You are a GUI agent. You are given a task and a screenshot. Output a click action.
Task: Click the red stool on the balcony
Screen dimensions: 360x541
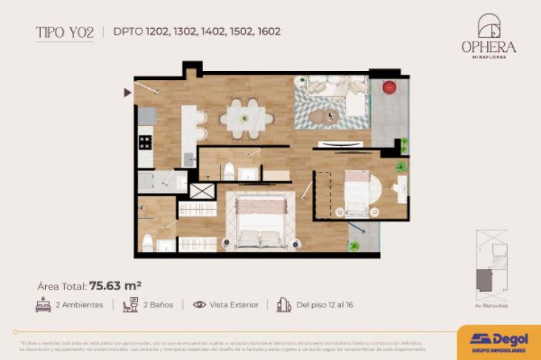pos(388,87)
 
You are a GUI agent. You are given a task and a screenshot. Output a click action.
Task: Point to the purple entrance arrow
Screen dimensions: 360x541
pos(128,92)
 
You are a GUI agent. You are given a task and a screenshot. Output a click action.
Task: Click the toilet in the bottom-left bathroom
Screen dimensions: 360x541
pos(148,242)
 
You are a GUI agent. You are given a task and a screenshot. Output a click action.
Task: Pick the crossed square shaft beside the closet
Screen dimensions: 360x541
pos(201,190)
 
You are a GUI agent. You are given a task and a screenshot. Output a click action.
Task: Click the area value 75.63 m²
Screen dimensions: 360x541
pos(115,284)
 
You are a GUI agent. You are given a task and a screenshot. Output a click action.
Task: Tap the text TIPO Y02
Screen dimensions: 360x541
pos(64,32)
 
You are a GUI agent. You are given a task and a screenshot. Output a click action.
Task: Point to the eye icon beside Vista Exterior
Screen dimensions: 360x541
pos(199,304)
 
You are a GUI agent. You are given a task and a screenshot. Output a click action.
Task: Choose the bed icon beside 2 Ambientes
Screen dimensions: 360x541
pos(43,304)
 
